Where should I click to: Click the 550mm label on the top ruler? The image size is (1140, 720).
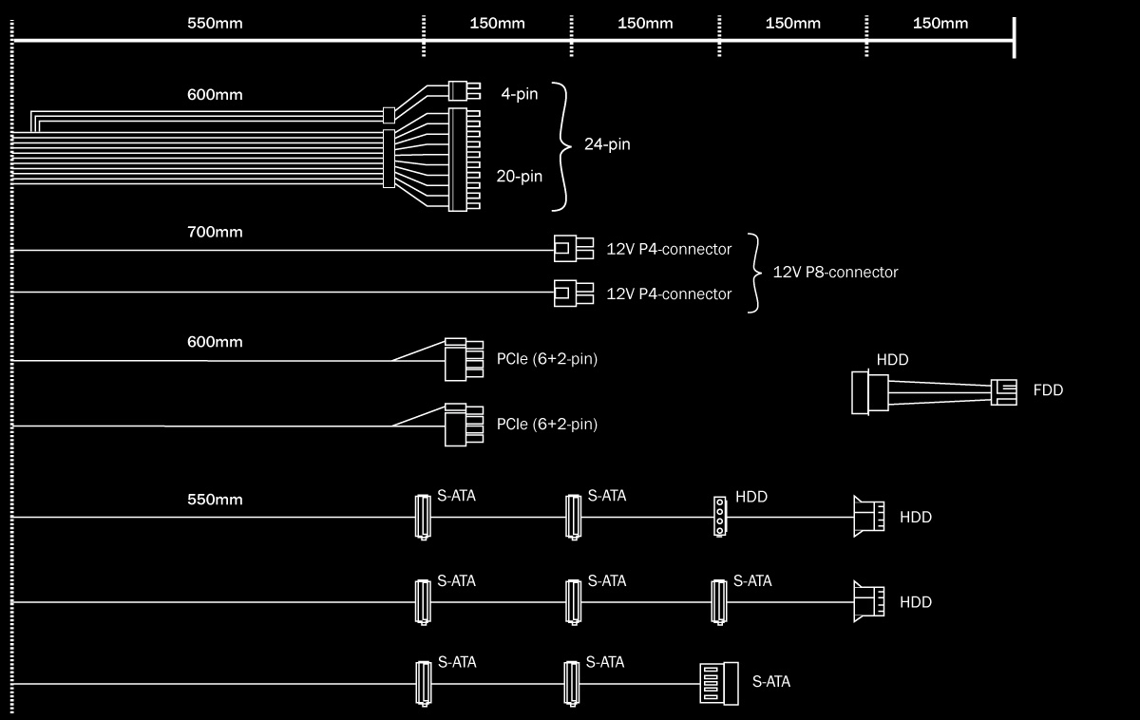215,23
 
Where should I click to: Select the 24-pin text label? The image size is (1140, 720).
607,145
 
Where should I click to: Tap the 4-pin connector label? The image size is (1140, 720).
519,94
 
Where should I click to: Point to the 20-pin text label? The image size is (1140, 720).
520,176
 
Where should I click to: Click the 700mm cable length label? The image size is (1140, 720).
215,232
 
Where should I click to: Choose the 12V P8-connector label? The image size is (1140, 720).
835,272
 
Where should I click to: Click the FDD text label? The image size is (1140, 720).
1048,390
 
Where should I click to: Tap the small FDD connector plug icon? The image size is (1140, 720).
1004,390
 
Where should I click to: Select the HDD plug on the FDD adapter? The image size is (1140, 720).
869,391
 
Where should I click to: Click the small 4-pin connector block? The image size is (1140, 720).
465,90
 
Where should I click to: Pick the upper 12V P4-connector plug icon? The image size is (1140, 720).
573,249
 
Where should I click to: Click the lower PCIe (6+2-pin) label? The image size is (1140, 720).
547,424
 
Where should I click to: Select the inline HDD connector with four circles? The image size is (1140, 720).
720,516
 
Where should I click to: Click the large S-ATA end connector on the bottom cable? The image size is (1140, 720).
718,682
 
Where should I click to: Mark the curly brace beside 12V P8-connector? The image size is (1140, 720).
756,272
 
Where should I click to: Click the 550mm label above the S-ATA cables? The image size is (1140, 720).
215,500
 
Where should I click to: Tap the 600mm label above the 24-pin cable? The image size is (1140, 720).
215,95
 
